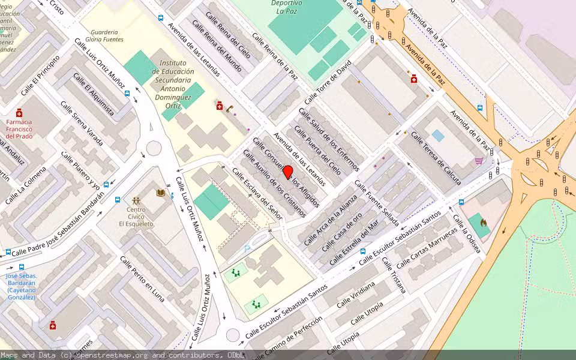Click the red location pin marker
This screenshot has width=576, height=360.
tap(287, 172)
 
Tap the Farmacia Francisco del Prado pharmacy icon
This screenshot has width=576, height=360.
tap(19, 113)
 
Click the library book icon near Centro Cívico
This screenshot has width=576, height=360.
tap(160, 193)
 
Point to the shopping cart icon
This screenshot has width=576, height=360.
tap(479, 161)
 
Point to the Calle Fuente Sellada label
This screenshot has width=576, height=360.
tap(377, 203)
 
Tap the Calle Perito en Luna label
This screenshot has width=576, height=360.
tap(142, 278)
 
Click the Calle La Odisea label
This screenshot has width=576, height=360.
tap(467, 233)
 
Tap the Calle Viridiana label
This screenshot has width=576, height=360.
tap(356, 294)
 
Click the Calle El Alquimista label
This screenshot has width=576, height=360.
tap(94, 93)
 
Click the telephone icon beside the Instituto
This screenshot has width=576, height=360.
tap(230, 108)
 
